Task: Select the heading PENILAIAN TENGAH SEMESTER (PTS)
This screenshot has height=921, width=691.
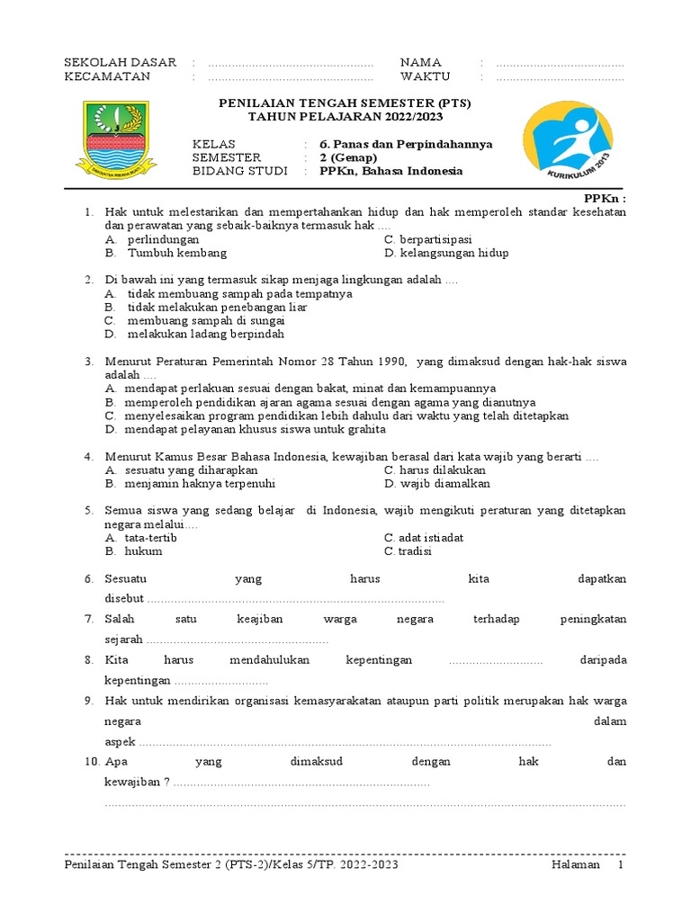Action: (x=345, y=103)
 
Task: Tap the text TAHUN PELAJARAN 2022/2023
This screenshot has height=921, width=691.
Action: (x=345, y=117)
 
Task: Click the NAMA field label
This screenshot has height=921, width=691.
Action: (x=420, y=62)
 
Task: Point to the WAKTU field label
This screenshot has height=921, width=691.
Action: (x=425, y=76)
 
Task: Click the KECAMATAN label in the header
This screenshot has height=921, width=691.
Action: (x=107, y=76)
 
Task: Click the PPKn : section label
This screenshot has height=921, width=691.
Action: (x=604, y=198)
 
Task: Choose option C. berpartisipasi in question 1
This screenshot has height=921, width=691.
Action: (x=427, y=240)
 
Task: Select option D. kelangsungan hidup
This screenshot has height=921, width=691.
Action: (x=445, y=254)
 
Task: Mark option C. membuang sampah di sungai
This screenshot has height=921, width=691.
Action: (x=195, y=320)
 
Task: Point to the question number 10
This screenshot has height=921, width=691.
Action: (x=91, y=761)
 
